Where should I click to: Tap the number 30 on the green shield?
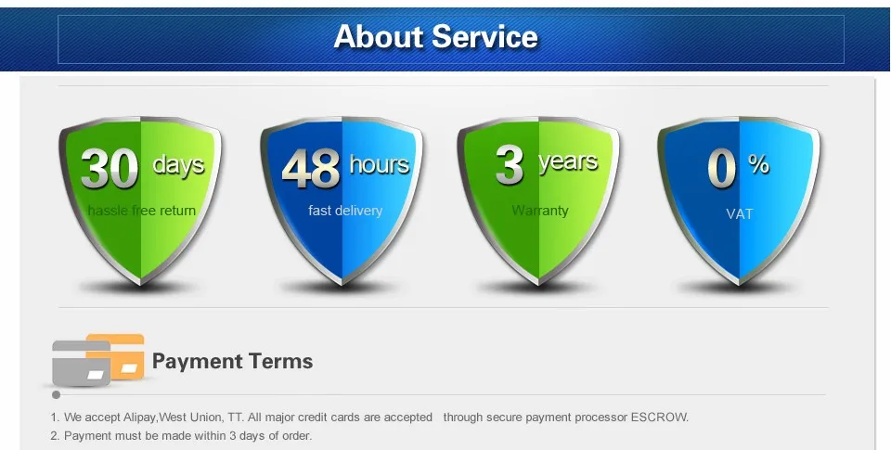tap(109, 169)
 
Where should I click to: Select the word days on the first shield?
tap(178, 165)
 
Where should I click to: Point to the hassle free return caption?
tap(142, 211)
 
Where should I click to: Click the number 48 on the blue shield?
tap(311, 169)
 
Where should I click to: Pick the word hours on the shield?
tap(379, 165)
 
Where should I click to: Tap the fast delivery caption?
tap(345, 211)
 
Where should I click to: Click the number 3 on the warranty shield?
tap(510, 165)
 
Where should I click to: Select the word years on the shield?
tap(567, 162)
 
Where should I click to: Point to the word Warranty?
tap(540, 211)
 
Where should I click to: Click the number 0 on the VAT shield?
tap(722, 168)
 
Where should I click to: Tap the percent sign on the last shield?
tap(758, 165)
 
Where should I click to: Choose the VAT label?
tap(740, 214)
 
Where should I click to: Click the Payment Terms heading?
tap(232, 361)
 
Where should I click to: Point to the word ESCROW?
tap(659, 418)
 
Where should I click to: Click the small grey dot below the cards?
tap(57, 394)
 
